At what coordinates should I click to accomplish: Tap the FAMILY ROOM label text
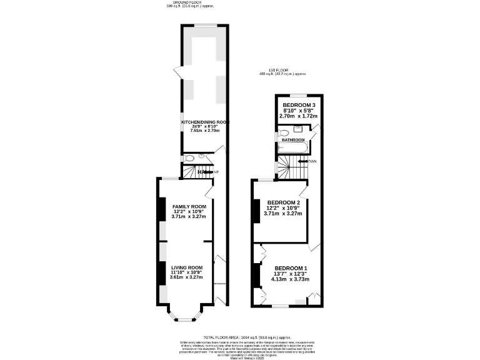[189, 206]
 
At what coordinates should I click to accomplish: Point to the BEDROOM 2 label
[283, 202]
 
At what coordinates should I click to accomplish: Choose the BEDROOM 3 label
[299, 105]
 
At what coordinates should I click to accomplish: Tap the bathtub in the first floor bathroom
[293, 149]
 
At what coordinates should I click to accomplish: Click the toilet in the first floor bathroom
[283, 132]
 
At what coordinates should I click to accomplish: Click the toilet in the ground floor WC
[189, 158]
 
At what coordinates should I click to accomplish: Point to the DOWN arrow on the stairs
[306, 161]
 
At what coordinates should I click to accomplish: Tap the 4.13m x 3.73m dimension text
[290, 279]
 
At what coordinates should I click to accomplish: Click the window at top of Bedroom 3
[299, 95]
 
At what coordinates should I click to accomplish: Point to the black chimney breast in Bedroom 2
[255, 211]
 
